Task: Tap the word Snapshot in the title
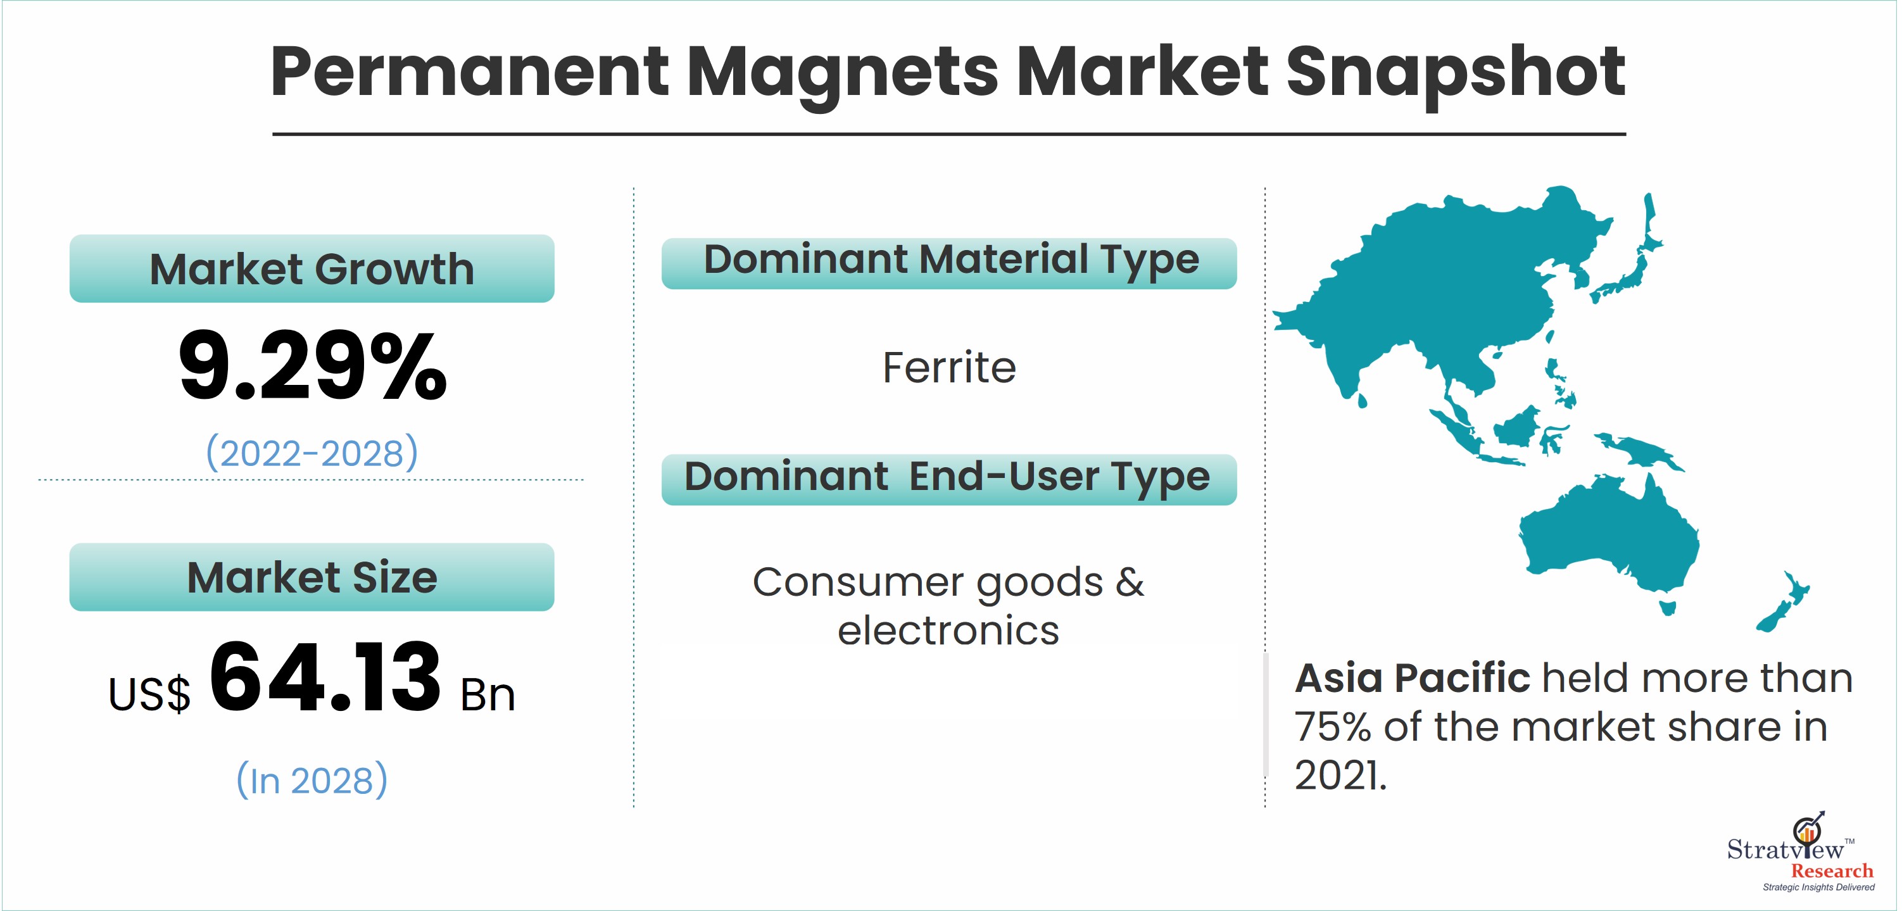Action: (x=1455, y=72)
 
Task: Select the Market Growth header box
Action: (x=312, y=268)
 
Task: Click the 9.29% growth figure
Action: (x=312, y=366)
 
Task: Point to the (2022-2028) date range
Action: (x=312, y=453)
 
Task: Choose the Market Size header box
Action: (x=312, y=577)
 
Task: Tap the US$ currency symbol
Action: (x=149, y=694)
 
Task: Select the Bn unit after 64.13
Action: (x=488, y=694)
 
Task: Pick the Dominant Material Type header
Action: (x=949, y=263)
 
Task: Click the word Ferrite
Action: (x=949, y=367)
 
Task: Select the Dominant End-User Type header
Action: (x=949, y=479)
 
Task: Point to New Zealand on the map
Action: (x=1783, y=601)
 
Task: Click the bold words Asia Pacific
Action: (x=1412, y=678)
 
